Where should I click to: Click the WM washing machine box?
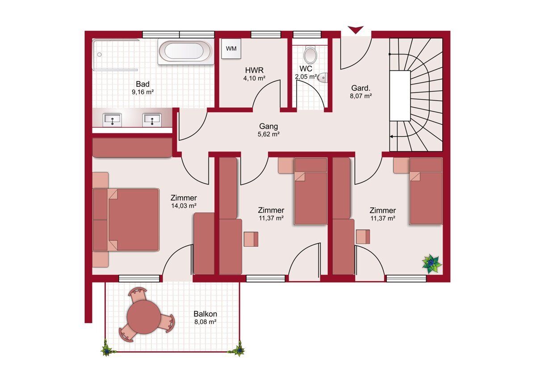tap(231, 49)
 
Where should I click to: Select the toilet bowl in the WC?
tap(310, 55)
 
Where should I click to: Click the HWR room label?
tap(254, 70)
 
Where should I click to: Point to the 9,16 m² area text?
tap(142, 92)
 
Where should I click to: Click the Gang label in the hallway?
tap(268, 126)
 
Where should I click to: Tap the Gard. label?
tap(360, 88)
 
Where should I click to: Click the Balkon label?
tap(205, 314)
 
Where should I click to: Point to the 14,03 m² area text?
tap(184, 206)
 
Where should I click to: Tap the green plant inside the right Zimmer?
tap(431, 264)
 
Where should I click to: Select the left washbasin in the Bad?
tap(112, 119)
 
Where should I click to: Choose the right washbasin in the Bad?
tap(152, 119)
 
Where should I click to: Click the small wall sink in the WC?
tap(322, 78)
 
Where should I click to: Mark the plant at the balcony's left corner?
tap(106, 350)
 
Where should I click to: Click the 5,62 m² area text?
tap(268, 134)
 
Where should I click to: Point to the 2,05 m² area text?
tap(306, 76)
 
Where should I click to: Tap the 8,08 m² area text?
tap(205, 322)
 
